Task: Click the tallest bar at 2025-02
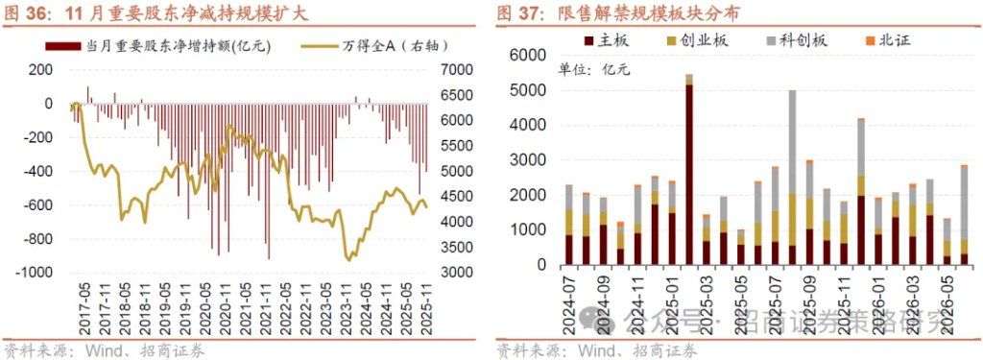pyautogui.click(x=689, y=173)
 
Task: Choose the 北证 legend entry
pyautogui.click(x=887, y=39)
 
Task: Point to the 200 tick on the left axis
pyautogui.click(x=39, y=69)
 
